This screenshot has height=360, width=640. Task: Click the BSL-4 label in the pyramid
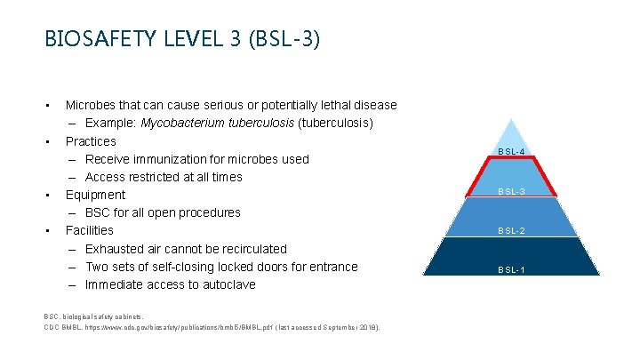tap(511, 152)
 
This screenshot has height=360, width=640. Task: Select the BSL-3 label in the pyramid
tap(511, 191)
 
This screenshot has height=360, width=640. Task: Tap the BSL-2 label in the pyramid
tap(511, 231)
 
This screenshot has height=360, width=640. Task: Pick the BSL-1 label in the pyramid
tap(511, 269)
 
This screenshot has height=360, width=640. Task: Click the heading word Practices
tap(91, 141)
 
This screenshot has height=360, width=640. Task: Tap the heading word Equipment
tap(95, 195)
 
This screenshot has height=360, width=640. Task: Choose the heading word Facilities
tap(89, 230)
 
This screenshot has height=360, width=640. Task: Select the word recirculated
tap(250, 249)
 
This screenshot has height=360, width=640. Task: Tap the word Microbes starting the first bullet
tap(93, 106)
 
